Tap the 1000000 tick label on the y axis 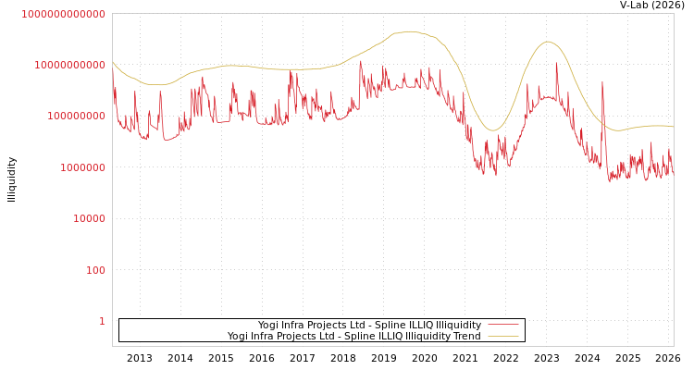pyautogui.click(x=82, y=167)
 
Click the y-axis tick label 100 pyautogui.click(x=95, y=270)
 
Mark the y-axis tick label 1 pyautogui.click(x=102, y=321)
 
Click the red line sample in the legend pyautogui.click(x=502, y=325)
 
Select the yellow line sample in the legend pyautogui.click(x=502, y=336)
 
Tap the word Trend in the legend pyautogui.click(x=466, y=336)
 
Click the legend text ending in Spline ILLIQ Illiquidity pyautogui.click(x=369, y=325)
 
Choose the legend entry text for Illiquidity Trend pyautogui.click(x=353, y=336)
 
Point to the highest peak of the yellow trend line pyautogui.click(x=409, y=31)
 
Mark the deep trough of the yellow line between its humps pyautogui.click(x=493, y=130)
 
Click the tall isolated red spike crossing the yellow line pyautogui.click(x=602, y=83)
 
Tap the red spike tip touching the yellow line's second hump pyautogui.click(x=556, y=63)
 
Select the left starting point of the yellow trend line pyautogui.click(x=113, y=63)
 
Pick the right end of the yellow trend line pyautogui.click(x=673, y=127)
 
